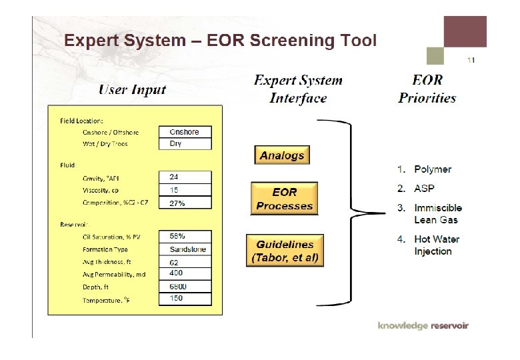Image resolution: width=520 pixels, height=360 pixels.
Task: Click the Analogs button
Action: tap(282, 155)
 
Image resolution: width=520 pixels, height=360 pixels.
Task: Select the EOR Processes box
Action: tap(284, 199)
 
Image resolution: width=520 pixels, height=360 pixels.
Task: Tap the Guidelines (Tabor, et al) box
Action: tap(285, 251)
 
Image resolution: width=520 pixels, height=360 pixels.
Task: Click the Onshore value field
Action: tap(185, 132)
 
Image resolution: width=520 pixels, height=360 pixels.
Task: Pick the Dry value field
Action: tap(185, 143)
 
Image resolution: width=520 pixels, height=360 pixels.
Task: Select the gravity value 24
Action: tap(185, 177)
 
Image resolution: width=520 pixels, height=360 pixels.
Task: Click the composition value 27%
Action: tap(185, 203)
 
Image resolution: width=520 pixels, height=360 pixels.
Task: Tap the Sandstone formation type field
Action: tap(185, 249)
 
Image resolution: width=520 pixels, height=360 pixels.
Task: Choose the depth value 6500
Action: tap(185, 286)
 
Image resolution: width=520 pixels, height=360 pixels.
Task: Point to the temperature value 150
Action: tap(185, 298)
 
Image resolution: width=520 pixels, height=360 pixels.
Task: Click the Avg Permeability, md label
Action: tap(114, 274)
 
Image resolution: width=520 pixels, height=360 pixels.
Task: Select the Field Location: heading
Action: tap(81, 121)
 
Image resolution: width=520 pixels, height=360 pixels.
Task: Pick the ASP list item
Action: tap(423, 189)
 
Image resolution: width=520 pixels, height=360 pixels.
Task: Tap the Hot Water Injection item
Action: tap(436, 245)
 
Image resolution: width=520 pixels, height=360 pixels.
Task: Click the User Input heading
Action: tap(133, 89)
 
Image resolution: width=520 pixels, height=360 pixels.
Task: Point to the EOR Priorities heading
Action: tap(427, 89)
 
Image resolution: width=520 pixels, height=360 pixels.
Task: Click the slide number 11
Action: tap(471, 60)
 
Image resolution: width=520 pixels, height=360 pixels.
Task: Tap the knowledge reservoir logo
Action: tap(423, 325)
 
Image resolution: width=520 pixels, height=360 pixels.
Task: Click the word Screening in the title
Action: tap(281, 41)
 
